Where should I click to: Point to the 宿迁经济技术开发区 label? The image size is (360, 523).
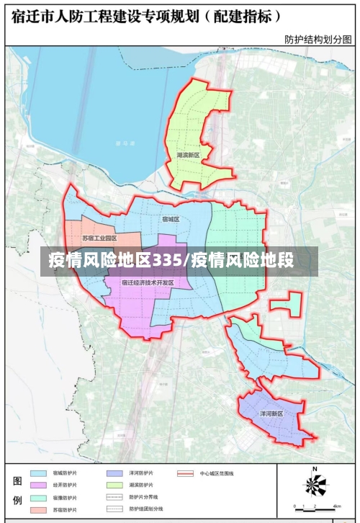pos(148,282)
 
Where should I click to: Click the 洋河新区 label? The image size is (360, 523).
pos(271,414)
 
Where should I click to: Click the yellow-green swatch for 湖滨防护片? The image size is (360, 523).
pos(114,486)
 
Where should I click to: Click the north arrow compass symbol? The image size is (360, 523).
pos(315,484)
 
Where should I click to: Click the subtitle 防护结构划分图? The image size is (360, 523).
pos(317,40)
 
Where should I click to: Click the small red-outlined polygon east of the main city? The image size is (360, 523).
pos(287,303)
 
